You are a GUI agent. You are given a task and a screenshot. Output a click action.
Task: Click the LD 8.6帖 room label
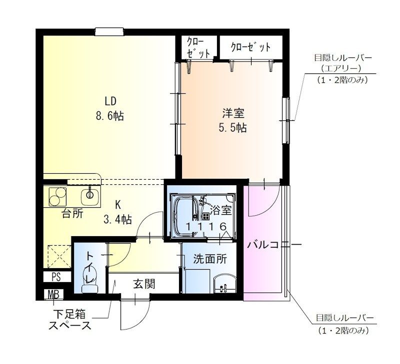pyautogui.click(x=110, y=108)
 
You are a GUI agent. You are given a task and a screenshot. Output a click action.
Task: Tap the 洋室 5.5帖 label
pyautogui.click(x=232, y=120)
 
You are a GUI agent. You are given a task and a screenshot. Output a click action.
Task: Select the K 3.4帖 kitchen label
pyautogui.click(x=117, y=211)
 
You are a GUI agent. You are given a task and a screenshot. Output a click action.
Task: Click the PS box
pyautogui.click(x=56, y=277)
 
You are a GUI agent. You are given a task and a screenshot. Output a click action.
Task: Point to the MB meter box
pyautogui.click(x=53, y=294)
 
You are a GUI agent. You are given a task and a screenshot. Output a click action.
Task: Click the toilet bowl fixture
pyautogui.click(x=90, y=280)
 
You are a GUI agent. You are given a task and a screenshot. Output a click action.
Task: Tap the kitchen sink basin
pyautogui.click(x=90, y=197)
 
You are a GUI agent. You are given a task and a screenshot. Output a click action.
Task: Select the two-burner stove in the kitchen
pyautogui.click(x=57, y=197)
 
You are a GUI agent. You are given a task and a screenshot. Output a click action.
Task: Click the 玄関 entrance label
pyautogui.click(x=144, y=284)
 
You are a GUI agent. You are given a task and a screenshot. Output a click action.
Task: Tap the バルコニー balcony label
pyautogui.click(x=274, y=245)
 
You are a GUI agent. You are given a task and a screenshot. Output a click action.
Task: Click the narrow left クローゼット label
pyautogui.click(x=198, y=47)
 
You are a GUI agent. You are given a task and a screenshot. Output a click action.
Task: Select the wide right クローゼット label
pyautogui.click(x=250, y=47)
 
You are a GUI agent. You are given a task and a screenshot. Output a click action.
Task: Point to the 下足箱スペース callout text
pyautogui.click(x=70, y=320)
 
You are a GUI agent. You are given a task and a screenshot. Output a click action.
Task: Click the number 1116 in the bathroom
pyautogui.click(x=206, y=226)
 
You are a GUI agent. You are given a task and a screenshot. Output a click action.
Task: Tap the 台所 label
pyautogui.click(x=72, y=214)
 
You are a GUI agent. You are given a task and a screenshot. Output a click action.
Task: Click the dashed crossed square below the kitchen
pyautogui.click(x=59, y=257)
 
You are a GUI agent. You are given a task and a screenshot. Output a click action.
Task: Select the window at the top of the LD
pyautogui.click(x=109, y=32)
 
